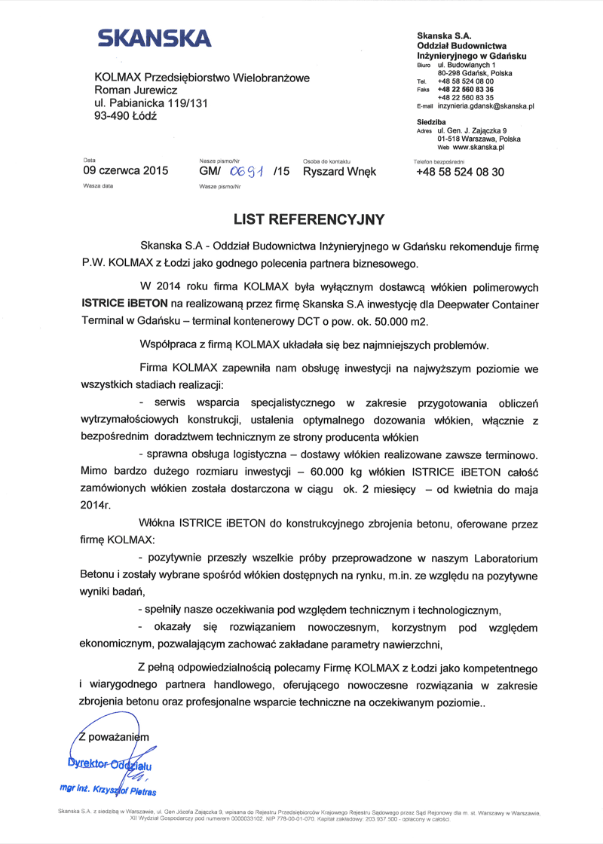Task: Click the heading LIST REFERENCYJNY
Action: pyautogui.click(x=309, y=220)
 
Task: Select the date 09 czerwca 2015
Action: pyautogui.click(x=125, y=172)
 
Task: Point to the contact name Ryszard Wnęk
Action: pyautogui.click(x=339, y=172)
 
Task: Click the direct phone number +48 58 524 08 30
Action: pyautogui.click(x=460, y=172)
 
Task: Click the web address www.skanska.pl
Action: pyautogui.click(x=478, y=148)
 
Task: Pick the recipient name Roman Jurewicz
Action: pyautogui.click(x=136, y=90)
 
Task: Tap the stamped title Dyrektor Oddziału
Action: pyautogui.click(x=109, y=763)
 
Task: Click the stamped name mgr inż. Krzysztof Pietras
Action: pyautogui.click(x=107, y=792)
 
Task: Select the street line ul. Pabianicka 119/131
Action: pyautogui.click(x=151, y=103)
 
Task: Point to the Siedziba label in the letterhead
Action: pyautogui.click(x=431, y=121)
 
